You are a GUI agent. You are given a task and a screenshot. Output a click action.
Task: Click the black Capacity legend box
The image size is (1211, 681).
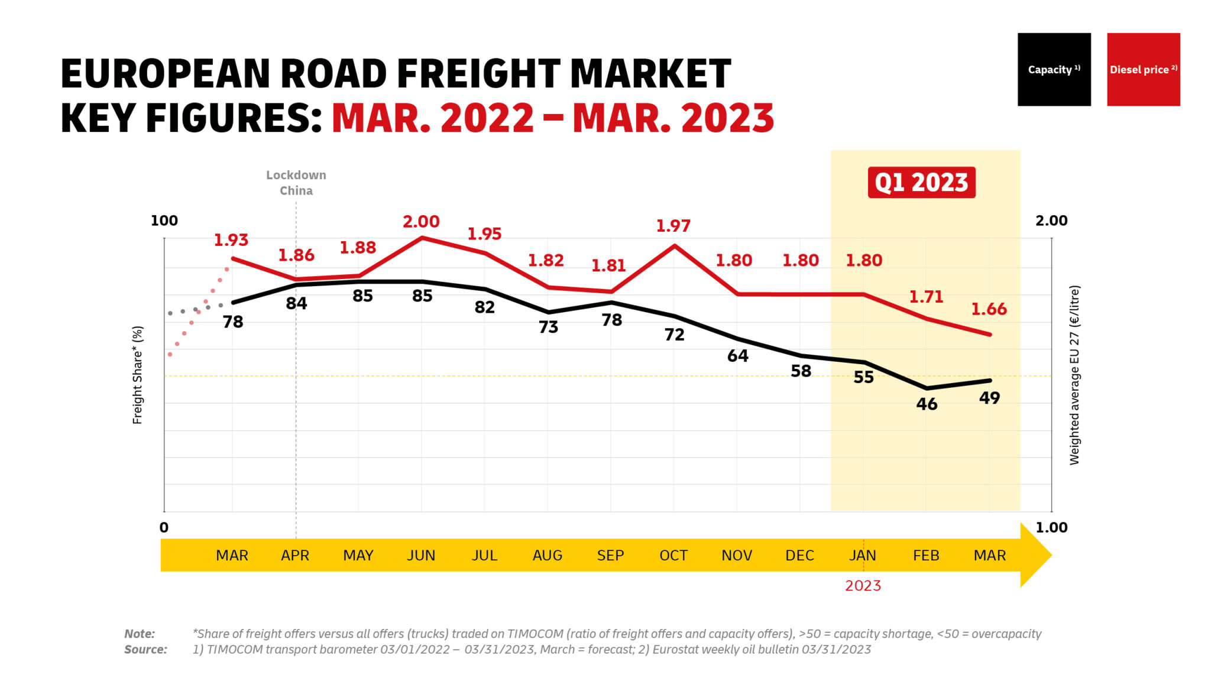click(x=1054, y=69)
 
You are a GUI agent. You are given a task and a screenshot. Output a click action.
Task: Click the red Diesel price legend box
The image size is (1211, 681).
click(x=1143, y=69)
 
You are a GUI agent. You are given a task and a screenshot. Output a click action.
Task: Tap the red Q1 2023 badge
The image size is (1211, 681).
click(x=921, y=182)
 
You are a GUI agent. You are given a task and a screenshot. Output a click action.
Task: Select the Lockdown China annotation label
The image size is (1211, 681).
click(x=296, y=183)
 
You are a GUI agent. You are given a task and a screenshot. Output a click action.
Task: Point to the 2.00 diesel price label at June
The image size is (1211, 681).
click(x=421, y=222)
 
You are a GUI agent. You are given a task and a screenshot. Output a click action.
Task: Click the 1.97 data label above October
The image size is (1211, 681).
click(x=673, y=226)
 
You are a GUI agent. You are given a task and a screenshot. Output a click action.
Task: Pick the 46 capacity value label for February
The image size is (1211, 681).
click(x=927, y=404)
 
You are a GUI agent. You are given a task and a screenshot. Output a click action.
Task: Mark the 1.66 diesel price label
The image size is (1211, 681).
click(x=989, y=309)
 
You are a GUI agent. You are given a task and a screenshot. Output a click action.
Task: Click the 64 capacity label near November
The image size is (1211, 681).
click(x=737, y=356)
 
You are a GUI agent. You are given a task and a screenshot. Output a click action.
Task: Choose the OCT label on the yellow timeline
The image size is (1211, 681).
click(x=674, y=556)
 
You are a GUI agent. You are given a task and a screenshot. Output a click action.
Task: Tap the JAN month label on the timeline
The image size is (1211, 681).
click(x=863, y=556)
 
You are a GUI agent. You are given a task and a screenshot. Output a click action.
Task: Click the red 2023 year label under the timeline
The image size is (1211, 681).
click(x=863, y=586)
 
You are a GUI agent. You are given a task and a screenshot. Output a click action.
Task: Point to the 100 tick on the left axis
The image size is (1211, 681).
click(x=164, y=221)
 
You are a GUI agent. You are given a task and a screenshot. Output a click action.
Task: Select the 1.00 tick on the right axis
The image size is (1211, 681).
click(x=1051, y=528)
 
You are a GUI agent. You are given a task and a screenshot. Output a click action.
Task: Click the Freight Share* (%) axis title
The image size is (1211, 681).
click(x=137, y=375)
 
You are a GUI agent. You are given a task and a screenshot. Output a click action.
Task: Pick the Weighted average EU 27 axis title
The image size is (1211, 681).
click(x=1074, y=375)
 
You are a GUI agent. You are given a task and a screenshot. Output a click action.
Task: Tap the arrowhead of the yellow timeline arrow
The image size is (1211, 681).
click(x=1036, y=555)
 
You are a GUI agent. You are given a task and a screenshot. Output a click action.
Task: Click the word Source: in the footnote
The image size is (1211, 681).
click(x=145, y=650)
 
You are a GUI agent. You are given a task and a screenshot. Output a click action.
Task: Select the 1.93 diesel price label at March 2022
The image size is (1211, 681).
click(x=231, y=240)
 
